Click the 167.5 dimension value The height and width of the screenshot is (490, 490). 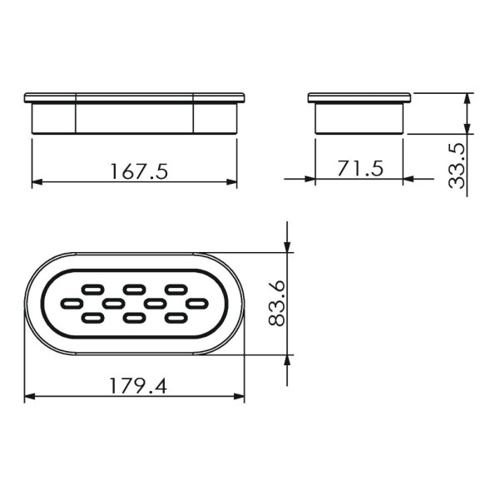(x=139, y=171)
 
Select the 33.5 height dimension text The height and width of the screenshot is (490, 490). (x=456, y=165)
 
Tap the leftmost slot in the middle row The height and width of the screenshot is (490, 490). (x=72, y=303)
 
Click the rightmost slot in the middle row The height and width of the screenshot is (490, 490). (x=196, y=303)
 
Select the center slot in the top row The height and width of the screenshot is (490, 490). (x=134, y=289)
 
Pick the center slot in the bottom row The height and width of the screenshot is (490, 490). (x=134, y=317)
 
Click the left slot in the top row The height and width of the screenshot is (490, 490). (x=92, y=289)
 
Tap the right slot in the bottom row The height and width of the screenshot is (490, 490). (x=176, y=317)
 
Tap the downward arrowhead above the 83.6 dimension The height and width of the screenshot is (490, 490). (x=287, y=246)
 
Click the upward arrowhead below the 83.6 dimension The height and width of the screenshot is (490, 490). (x=287, y=359)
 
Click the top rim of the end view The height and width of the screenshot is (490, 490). (x=359, y=97)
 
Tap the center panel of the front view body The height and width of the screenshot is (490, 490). (x=134, y=117)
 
